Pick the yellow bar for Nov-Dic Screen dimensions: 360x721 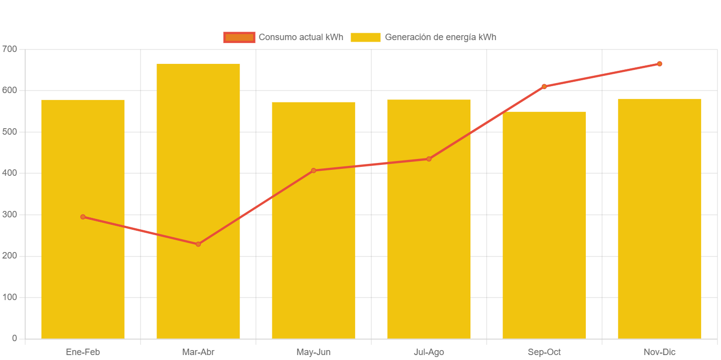[660, 218]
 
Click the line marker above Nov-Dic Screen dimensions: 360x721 [660, 64]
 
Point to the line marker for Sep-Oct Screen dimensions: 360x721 [544, 87]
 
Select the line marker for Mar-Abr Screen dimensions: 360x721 [198, 244]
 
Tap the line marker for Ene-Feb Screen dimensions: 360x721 [83, 217]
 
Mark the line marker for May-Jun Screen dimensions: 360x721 [313, 171]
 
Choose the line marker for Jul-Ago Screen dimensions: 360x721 [429, 159]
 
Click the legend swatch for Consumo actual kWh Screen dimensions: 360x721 [239, 37]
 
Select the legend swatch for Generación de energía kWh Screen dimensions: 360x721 [365, 37]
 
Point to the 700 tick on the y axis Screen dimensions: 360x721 [9, 49]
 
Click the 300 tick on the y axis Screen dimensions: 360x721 [9, 214]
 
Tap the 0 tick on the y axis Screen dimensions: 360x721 [14, 338]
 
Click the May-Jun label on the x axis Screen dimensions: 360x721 [313, 352]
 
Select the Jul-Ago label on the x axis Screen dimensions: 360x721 [429, 352]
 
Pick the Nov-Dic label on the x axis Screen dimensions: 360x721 [660, 352]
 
